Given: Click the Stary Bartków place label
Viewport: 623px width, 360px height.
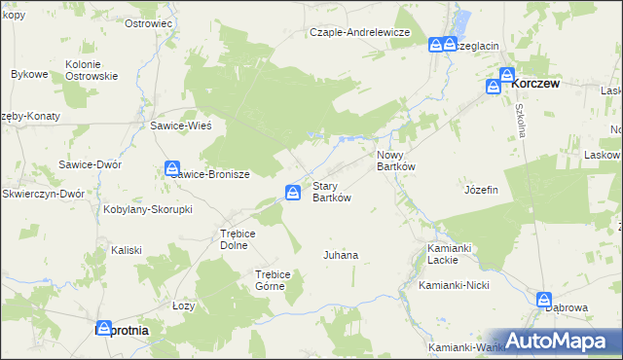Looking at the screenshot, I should pos(330,192).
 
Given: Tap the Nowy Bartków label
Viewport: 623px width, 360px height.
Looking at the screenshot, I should pos(396,161).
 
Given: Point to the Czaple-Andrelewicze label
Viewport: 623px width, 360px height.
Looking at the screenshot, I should pos(360,32).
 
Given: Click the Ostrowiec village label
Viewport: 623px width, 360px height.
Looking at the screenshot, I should pos(149,22).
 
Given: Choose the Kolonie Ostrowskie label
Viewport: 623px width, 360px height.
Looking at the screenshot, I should pos(92,70).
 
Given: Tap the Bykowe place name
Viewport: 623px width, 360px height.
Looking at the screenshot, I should pos(29,74).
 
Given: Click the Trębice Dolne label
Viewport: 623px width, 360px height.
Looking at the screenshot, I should pos(237,239).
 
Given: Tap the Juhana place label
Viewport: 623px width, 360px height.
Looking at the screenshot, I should pos(341,255).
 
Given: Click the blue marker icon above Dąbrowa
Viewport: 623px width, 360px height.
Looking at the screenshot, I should pos(544,301).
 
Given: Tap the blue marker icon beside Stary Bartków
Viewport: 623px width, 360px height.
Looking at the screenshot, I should pos(292,193).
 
